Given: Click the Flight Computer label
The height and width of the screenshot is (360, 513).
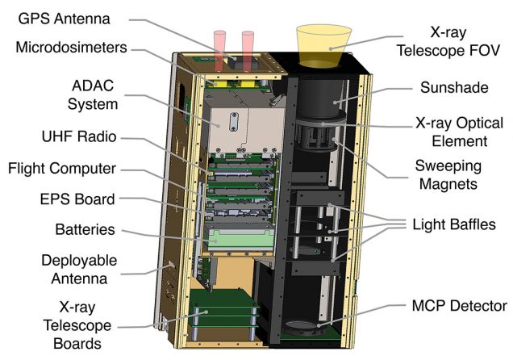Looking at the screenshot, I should pos(63,169).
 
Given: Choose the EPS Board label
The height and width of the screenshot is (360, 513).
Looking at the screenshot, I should pos(77,199).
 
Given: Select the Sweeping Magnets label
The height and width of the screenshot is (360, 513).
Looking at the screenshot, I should pos(451,175).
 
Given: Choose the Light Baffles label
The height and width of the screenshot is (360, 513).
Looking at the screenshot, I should pos(453,224).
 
